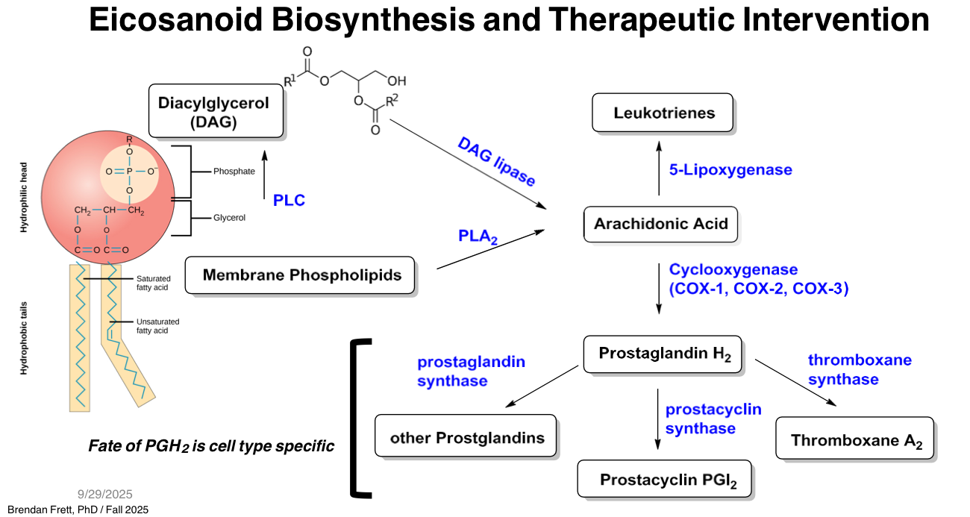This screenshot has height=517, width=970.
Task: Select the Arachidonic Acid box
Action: [660, 224]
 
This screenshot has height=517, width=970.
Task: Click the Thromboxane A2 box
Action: [855, 439]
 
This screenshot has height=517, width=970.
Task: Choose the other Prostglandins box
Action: [466, 437]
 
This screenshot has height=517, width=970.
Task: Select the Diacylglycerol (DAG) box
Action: [216, 111]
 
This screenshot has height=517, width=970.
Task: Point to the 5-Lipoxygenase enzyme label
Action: [730, 170]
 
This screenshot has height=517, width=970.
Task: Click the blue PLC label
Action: [289, 200]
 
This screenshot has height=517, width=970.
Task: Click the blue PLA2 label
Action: [478, 236]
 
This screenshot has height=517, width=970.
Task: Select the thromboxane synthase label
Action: [860, 369]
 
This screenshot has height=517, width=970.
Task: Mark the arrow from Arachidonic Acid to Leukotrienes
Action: [658, 169]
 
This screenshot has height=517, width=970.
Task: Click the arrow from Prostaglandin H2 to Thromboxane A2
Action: [795, 382]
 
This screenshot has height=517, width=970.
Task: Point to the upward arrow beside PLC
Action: [263, 176]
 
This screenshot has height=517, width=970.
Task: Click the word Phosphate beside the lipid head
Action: [234, 171]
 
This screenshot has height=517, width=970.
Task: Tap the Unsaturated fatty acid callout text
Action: [157, 326]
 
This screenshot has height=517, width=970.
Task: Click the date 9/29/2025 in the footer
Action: [105, 494]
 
